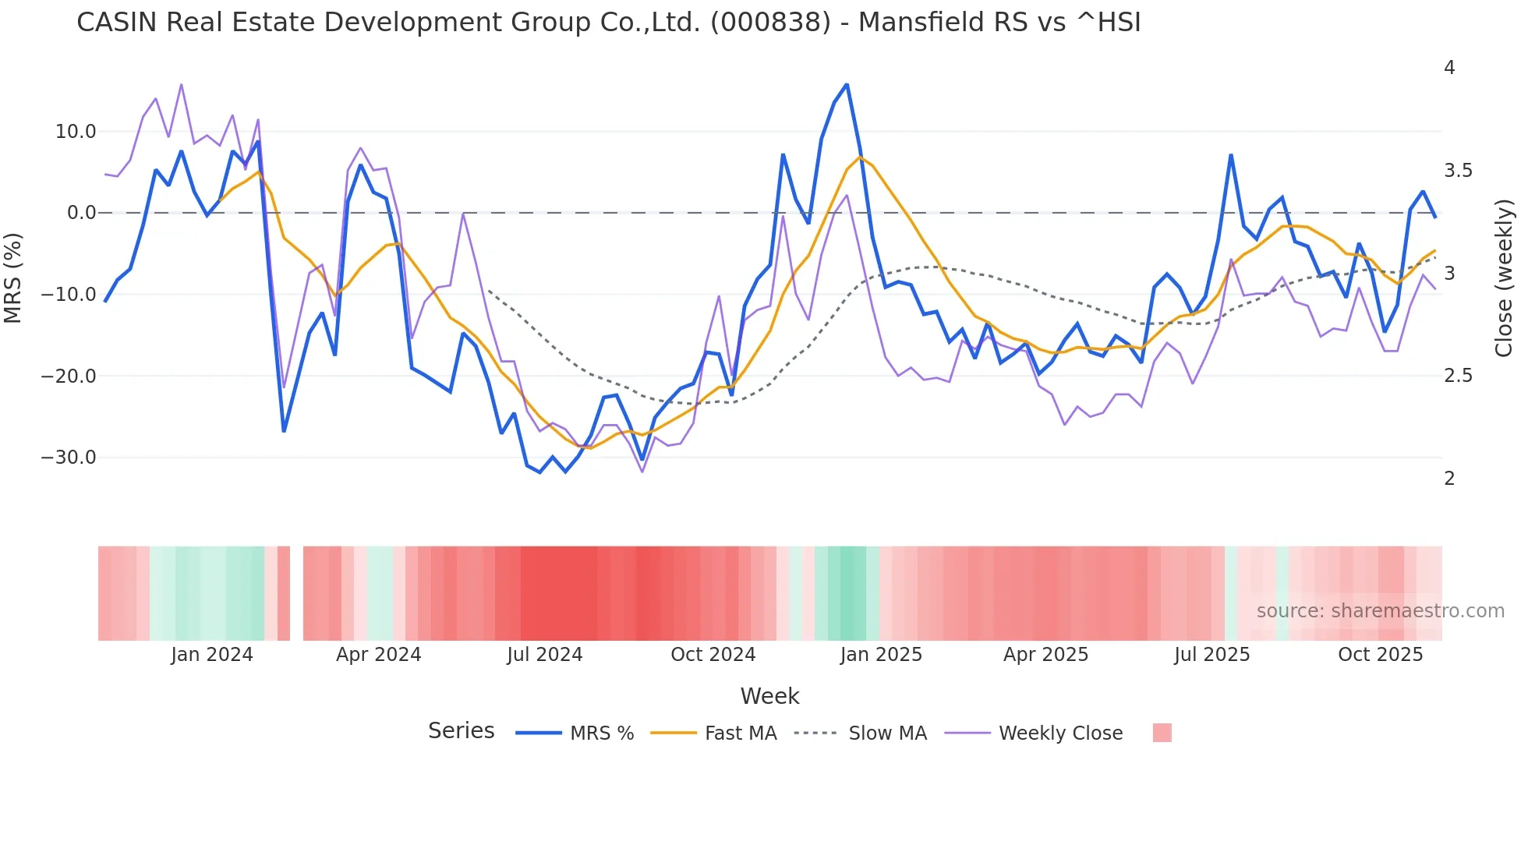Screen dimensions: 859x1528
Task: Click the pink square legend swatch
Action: coord(1162,733)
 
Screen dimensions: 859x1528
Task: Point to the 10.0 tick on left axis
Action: coord(75,132)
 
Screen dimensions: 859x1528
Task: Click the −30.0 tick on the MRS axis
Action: coord(69,458)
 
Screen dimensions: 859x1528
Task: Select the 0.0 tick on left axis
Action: coord(81,213)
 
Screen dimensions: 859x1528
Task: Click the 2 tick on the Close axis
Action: coord(1449,479)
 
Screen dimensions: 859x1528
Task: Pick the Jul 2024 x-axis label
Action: coord(544,655)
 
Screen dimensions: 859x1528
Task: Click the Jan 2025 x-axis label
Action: coord(881,655)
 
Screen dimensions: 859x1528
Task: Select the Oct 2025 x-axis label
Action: coord(1380,655)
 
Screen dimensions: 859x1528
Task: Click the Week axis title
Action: coord(769,696)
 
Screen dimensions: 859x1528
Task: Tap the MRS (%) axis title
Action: coord(13,277)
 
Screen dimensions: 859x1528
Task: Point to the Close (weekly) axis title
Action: coord(1504,278)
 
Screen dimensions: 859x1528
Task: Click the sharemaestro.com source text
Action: coord(1380,611)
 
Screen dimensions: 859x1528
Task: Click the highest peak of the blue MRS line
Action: coord(847,84)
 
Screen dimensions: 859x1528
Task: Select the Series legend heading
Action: coord(461,731)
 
